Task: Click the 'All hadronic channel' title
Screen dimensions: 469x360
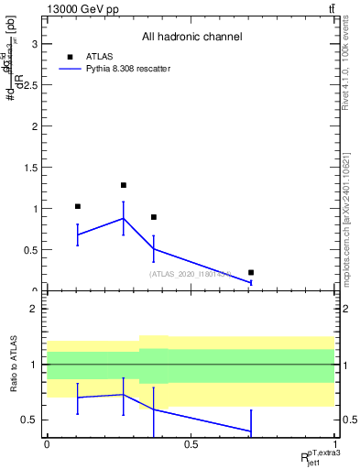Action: click(191, 37)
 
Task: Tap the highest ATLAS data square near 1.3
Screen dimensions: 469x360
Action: click(124, 185)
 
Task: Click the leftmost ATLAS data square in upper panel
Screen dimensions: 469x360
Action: click(78, 206)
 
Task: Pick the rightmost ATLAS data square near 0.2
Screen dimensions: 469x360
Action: click(251, 272)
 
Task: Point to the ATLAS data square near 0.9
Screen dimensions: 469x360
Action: click(154, 217)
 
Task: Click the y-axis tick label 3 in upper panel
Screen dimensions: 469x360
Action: click(35, 43)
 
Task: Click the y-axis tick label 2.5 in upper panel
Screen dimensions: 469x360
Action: click(31, 84)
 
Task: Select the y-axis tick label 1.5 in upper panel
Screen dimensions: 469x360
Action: click(31, 168)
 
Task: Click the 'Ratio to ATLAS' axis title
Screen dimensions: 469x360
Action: click(14, 364)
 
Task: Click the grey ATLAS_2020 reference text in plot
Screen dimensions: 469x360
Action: click(190, 273)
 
